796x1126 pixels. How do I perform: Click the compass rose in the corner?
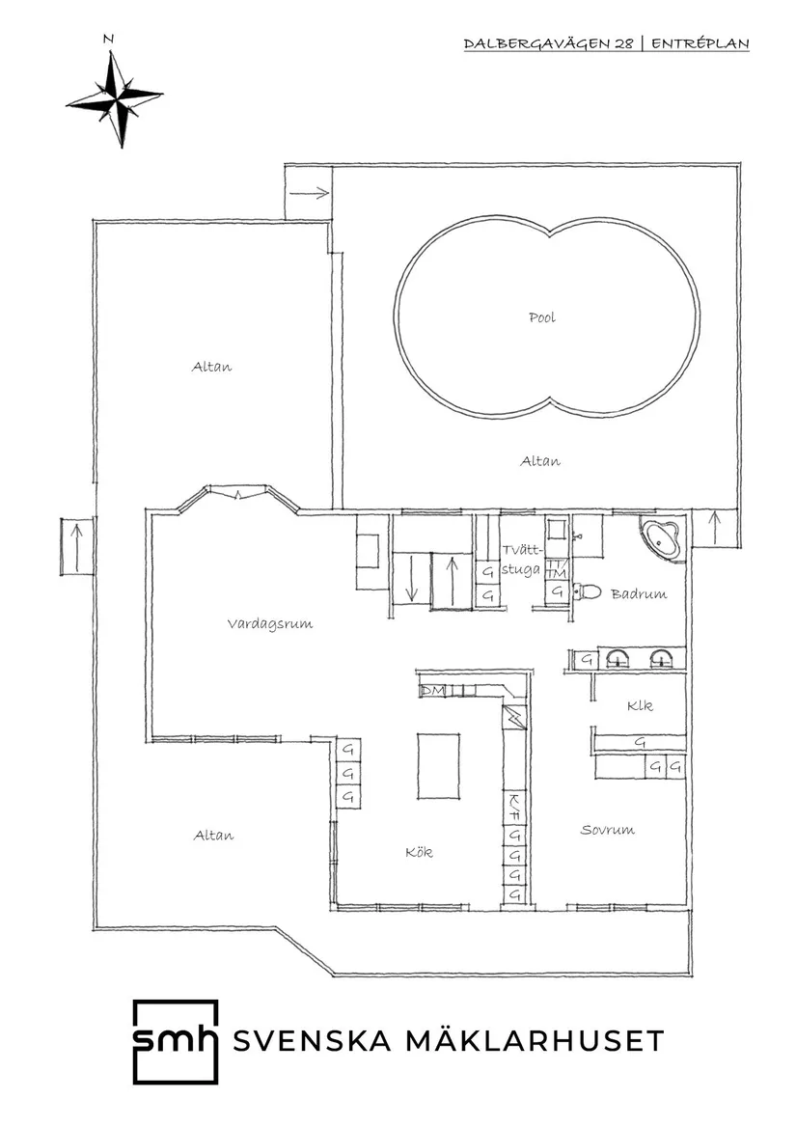115,98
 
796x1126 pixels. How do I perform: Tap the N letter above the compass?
108,40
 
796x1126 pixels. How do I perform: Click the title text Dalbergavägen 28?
550,44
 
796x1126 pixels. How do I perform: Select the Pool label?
541,317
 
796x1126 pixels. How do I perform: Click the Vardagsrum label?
270,624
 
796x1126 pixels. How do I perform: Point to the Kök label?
419,852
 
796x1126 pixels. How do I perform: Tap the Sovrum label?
607,830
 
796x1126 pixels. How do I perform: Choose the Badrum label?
639,594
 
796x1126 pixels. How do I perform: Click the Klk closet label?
639,706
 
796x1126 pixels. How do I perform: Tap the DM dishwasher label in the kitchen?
431,691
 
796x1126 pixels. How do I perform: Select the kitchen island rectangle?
438,764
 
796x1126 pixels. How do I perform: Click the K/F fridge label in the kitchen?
515,803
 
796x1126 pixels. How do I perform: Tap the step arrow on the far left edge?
76,546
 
